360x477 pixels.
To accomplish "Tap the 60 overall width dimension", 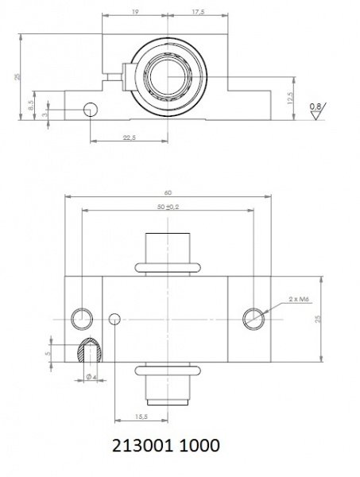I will point(168,192).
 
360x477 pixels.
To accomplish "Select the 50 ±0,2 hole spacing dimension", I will point(168,207).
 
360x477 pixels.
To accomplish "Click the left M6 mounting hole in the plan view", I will point(81,318).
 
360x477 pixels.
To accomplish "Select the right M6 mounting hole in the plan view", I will point(254,318).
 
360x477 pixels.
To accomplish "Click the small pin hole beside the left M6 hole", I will point(114,319).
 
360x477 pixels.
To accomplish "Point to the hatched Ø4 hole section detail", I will point(88,350).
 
